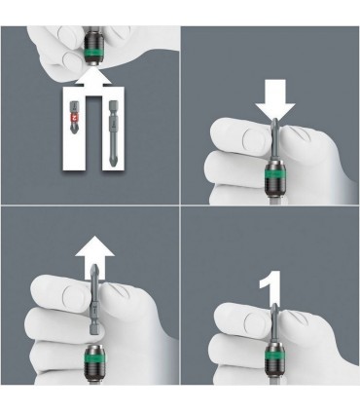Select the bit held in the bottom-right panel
point(277,322)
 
